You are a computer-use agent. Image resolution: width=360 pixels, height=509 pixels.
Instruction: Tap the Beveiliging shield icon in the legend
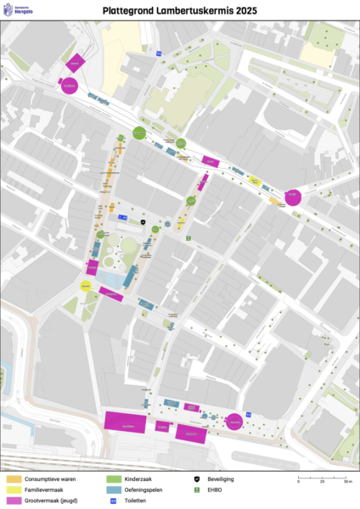pyautogui.click(x=197, y=479)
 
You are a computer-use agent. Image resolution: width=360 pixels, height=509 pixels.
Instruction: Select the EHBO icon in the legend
pyautogui.click(x=197, y=489)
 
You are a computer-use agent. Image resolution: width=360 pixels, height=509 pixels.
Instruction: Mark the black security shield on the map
pyautogui.click(x=143, y=222)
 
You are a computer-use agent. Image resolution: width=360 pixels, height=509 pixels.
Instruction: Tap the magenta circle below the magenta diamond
pyautogui.click(x=69, y=85)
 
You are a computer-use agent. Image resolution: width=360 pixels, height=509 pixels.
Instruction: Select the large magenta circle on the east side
pyautogui.click(x=292, y=197)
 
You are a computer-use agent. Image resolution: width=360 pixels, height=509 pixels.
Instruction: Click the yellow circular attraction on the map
pyautogui.click(x=85, y=286)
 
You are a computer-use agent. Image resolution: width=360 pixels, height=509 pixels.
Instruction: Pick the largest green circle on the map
pyautogui.click(x=139, y=132)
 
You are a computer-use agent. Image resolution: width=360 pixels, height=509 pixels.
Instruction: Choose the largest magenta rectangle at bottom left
pyautogui.click(x=125, y=420)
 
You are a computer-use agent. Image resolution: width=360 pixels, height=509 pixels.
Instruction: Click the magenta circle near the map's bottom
pyautogui.click(x=234, y=421)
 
